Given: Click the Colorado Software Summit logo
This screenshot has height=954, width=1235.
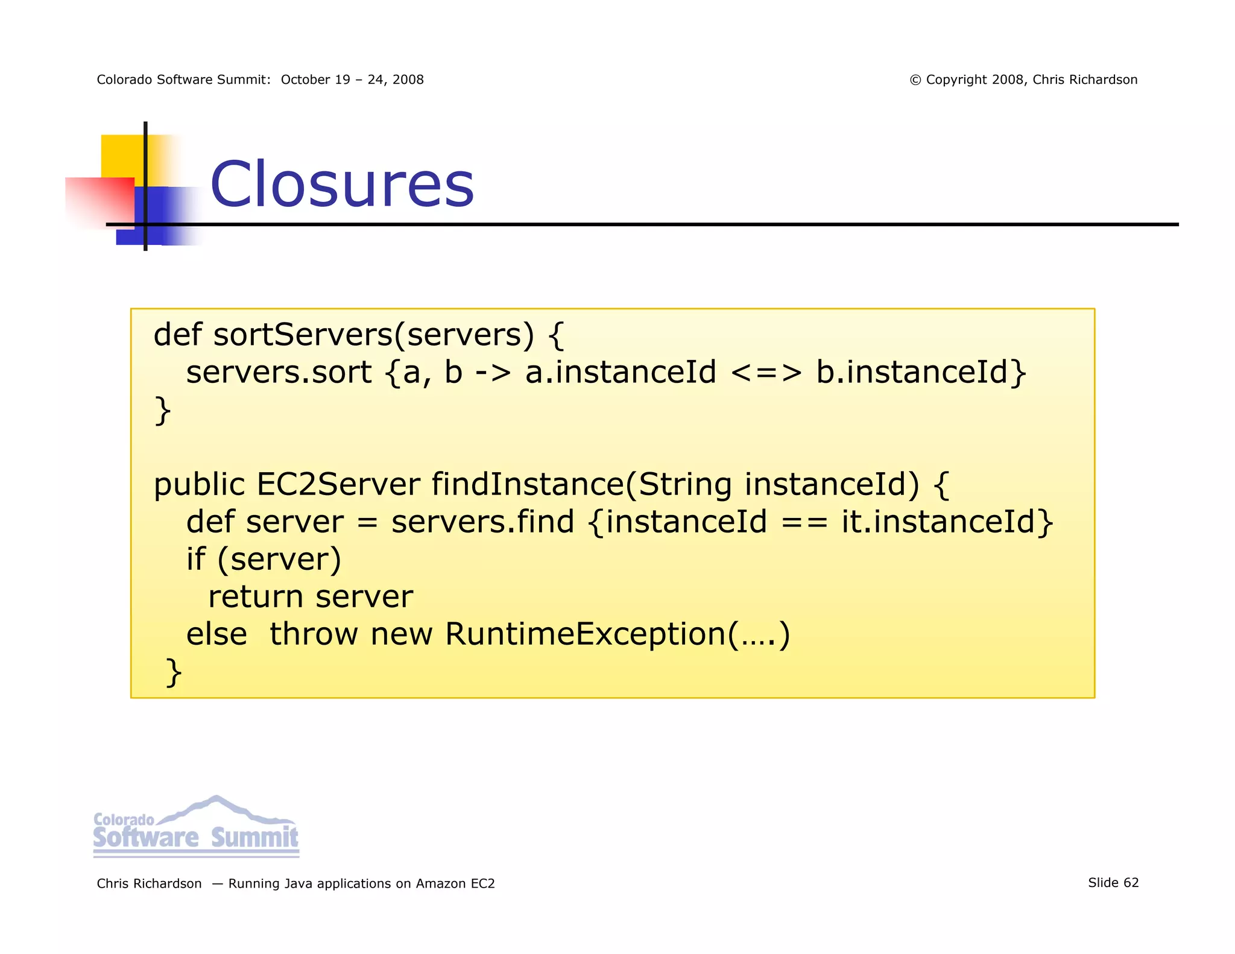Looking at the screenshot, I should [196, 827].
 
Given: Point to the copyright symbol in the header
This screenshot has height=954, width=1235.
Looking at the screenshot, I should [915, 80].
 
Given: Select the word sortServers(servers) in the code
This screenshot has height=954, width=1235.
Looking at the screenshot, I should [373, 335].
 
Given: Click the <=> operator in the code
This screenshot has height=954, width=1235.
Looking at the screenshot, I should [766, 372].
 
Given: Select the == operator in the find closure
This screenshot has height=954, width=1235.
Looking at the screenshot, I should [804, 522].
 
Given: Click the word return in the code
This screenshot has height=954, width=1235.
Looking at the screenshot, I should [255, 597].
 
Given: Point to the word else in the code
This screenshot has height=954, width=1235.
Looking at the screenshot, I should [216, 634].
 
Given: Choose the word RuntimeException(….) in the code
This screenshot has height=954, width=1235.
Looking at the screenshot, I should [617, 634].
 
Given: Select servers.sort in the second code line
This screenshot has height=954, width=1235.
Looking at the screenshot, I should [279, 372].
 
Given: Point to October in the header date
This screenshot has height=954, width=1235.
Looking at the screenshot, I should [306, 80].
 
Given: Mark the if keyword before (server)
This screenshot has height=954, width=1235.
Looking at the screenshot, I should [195, 559].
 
